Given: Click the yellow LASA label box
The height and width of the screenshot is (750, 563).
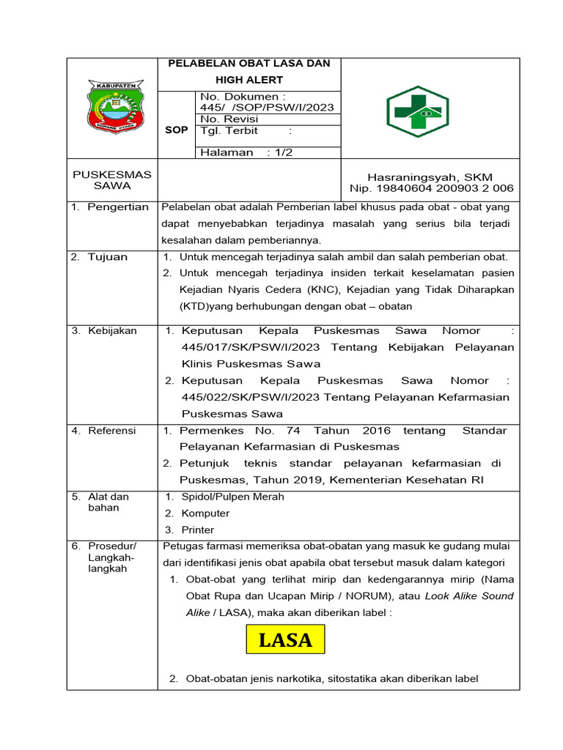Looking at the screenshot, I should (x=285, y=639).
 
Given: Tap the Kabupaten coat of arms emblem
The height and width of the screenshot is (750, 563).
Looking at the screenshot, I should (x=112, y=108).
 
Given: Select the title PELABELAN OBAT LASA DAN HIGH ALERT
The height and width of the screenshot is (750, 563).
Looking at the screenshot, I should (x=249, y=72).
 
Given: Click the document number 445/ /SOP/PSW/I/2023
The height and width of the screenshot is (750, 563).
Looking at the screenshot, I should (x=267, y=108).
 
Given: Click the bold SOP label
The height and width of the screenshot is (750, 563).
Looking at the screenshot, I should (x=176, y=130).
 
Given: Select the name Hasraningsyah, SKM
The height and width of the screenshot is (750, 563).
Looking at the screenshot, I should (x=430, y=177).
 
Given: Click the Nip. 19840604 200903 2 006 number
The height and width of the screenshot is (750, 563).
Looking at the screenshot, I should (x=432, y=188).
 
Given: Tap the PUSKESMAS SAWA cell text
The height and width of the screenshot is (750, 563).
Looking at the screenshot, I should (x=112, y=180).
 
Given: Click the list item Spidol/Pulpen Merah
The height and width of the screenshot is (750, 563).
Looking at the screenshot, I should (x=232, y=497).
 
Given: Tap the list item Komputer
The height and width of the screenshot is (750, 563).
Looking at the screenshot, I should (x=205, y=513).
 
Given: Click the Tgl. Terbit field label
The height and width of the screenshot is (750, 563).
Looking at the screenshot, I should (x=225, y=131).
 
